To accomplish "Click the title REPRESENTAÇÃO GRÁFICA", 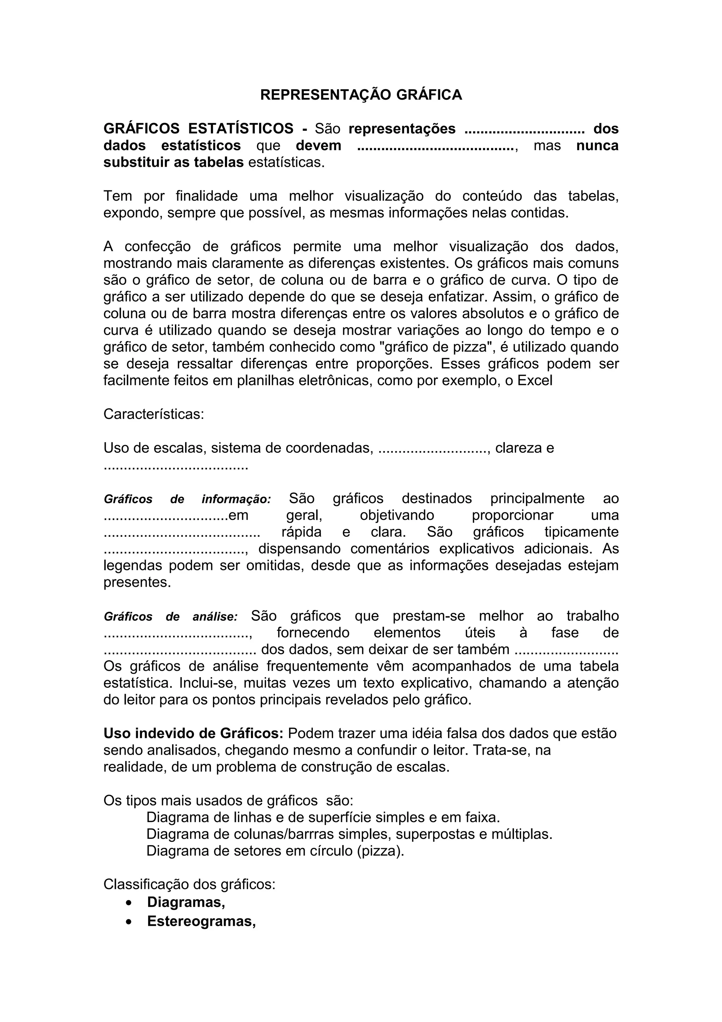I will [x=361, y=95].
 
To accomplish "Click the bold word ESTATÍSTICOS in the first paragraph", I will [x=241, y=129].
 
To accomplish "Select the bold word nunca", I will [x=597, y=146].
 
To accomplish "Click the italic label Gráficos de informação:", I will [x=187, y=499].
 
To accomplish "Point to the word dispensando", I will [x=299, y=549].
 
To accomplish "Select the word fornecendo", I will [x=313, y=633].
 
